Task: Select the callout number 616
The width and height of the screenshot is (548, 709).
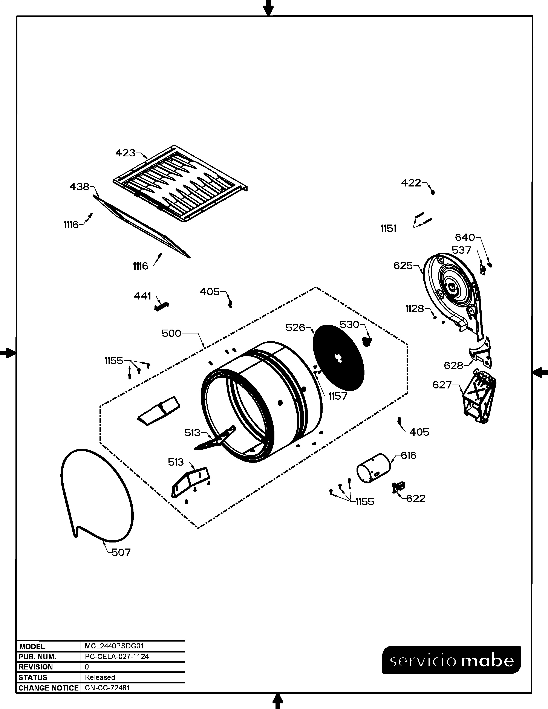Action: pos(408,455)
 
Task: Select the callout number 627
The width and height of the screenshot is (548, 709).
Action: pos(442,385)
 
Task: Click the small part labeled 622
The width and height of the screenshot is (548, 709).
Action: pos(399,486)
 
